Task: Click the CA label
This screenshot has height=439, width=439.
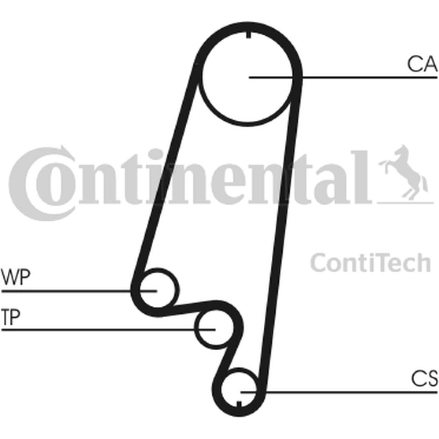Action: click(422, 64)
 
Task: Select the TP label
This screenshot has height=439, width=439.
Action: click(11, 317)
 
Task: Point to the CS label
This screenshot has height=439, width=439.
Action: click(424, 378)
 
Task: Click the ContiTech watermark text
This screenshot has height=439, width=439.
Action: click(371, 263)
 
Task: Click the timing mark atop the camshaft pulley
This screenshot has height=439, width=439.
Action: click(248, 35)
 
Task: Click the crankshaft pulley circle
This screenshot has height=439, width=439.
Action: click(239, 369)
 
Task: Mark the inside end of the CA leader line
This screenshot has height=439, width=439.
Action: click(249, 77)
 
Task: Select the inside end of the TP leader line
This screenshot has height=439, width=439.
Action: click(215, 330)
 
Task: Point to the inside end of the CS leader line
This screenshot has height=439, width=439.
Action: click(241, 392)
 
